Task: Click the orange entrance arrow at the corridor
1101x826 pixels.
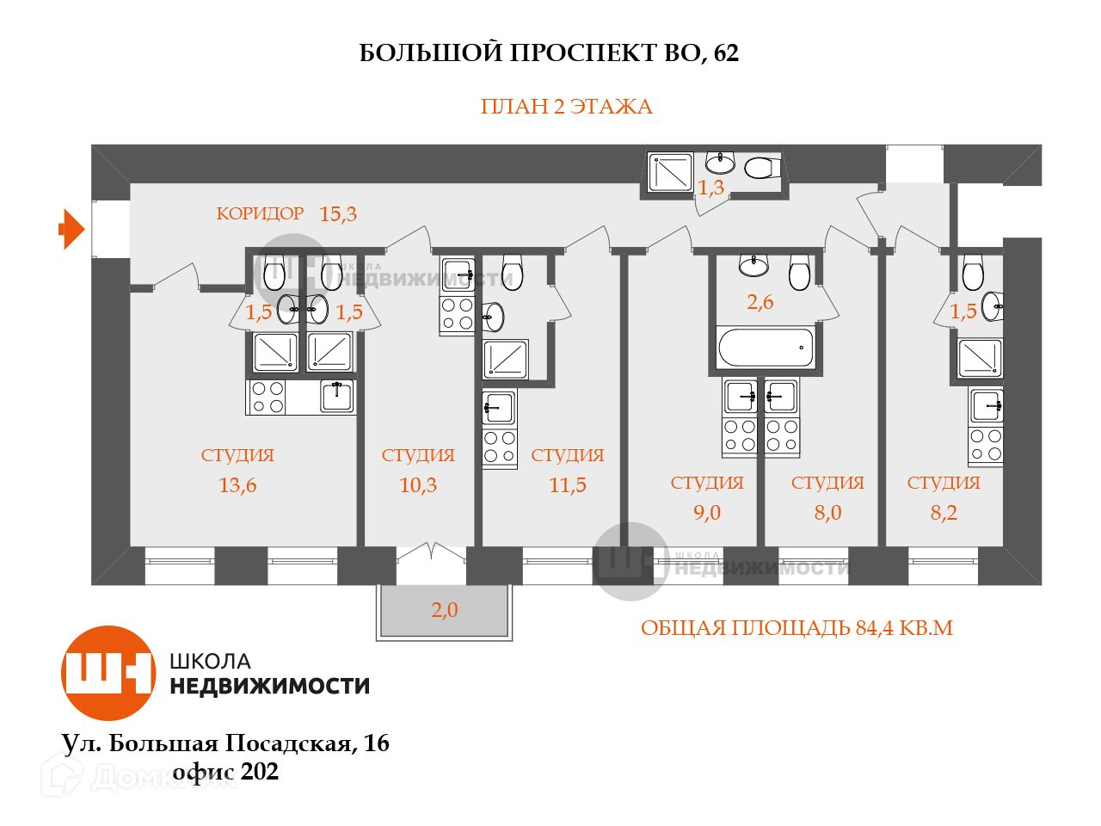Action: tap(71, 230)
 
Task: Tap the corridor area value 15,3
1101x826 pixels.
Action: tap(338, 214)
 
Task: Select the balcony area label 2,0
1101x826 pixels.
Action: tap(445, 611)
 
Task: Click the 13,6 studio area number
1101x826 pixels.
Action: tap(237, 485)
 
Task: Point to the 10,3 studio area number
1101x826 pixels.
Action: tap(418, 485)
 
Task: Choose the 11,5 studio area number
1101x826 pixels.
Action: tap(568, 485)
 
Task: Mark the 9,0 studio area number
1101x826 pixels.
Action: tap(707, 513)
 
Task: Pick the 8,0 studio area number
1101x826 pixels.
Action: tap(827, 513)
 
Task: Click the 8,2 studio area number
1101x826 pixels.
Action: tap(944, 513)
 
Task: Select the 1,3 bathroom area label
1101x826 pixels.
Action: tap(710, 188)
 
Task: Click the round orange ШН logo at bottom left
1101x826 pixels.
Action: tap(108, 673)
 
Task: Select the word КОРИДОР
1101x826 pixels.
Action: tap(260, 213)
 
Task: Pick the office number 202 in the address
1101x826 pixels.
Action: tap(260, 772)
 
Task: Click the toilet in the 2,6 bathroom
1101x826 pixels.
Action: tap(799, 274)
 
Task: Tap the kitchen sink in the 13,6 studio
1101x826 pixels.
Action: tap(336, 396)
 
